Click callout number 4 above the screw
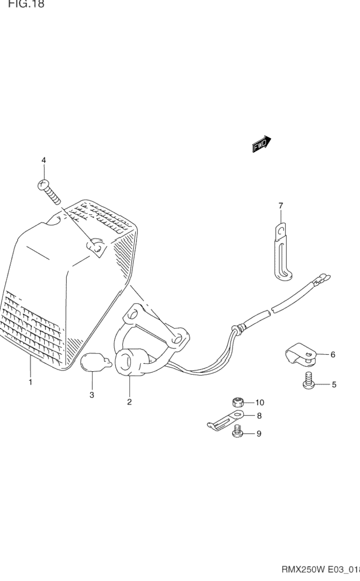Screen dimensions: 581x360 coord(43,160)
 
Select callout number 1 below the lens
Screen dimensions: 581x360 coord(30,382)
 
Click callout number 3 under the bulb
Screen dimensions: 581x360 coord(91,395)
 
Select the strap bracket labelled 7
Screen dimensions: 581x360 coord(281,254)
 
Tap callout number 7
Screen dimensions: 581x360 coord(281,205)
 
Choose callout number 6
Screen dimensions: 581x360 coord(333,355)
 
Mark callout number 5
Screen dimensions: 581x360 coord(334,385)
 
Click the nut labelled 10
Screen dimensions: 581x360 coord(238,402)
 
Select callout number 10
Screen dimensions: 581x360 coord(260,402)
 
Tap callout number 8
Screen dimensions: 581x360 coord(259,416)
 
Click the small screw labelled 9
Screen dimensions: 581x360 coord(238,431)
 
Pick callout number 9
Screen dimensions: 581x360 coord(259,434)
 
